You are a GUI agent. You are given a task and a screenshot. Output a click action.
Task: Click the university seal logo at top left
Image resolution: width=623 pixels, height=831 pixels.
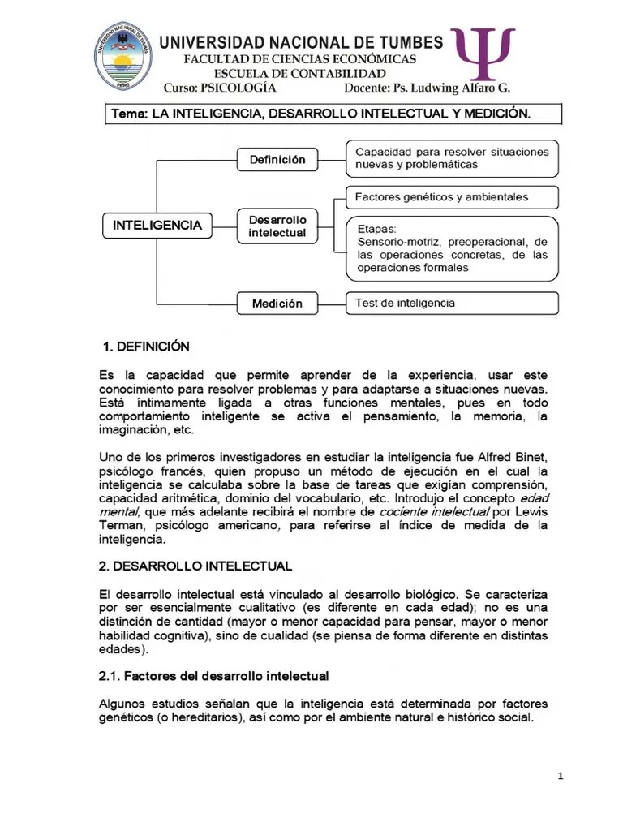pyautogui.click(x=123, y=55)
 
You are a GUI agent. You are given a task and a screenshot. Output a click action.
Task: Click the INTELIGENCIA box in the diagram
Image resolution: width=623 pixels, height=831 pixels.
pyautogui.click(x=157, y=225)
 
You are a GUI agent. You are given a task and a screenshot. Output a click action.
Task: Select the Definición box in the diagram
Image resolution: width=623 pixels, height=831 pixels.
pyautogui.click(x=277, y=160)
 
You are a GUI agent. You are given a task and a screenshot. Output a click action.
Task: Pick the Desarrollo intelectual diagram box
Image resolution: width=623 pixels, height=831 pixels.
pyautogui.click(x=277, y=226)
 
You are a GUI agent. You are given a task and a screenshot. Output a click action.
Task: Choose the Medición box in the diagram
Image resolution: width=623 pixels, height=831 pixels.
pyautogui.click(x=277, y=304)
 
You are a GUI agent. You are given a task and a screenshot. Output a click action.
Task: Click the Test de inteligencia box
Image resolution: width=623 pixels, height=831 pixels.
pyautogui.click(x=452, y=303)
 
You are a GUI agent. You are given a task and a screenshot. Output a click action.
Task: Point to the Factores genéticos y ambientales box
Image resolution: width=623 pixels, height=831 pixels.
pyautogui.click(x=452, y=197)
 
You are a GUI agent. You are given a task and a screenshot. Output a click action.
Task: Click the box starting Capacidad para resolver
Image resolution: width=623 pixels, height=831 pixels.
pyautogui.click(x=452, y=158)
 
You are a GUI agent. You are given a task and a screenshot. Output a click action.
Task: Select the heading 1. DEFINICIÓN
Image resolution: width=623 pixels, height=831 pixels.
pyautogui.click(x=146, y=347)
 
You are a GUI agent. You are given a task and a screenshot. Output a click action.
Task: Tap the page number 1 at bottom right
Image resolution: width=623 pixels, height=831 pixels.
pyautogui.click(x=560, y=776)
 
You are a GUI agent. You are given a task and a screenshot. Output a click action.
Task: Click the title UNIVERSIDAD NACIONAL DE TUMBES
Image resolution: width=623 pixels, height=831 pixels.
pyautogui.click(x=301, y=42)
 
